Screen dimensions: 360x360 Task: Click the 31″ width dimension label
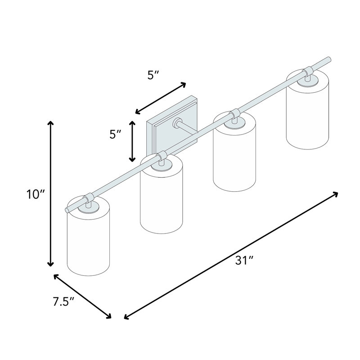(x=244, y=261)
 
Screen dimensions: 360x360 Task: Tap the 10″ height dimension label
(x=36, y=195)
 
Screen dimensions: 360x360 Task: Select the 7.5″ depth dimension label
(x=63, y=301)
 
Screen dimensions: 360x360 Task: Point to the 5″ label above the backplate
(x=153, y=75)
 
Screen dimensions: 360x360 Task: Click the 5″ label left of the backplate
(x=115, y=134)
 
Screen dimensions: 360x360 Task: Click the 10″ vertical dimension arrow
(x=50, y=193)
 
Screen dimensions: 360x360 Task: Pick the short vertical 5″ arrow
(x=132, y=141)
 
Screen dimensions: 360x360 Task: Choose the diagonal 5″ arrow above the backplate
(x=160, y=98)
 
